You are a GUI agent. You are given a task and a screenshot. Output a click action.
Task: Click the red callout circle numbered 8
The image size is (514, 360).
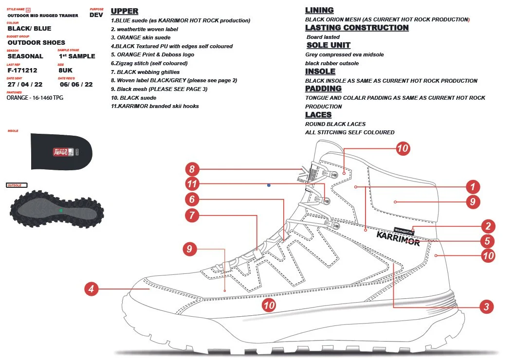click(x=192, y=169)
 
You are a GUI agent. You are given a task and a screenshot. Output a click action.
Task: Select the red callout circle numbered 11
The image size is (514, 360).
click(x=192, y=184)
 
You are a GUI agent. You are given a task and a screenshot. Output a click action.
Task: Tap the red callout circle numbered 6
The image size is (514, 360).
click(x=192, y=199)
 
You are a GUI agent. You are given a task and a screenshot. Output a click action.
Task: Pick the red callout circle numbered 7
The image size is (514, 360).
click(x=192, y=214)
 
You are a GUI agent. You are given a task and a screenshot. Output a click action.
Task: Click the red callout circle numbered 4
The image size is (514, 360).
click(x=91, y=289)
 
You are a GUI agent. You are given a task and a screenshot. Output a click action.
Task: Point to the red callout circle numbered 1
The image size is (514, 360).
click(x=471, y=186)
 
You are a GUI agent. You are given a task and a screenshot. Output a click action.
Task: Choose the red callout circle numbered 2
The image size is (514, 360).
click(x=488, y=226)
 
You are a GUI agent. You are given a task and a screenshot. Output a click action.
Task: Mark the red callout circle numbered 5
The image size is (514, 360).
click(x=488, y=241)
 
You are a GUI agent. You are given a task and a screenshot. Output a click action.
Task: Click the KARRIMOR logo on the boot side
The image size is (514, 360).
click(x=398, y=238)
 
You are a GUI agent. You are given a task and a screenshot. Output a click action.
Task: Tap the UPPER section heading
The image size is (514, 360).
click(x=125, y=11)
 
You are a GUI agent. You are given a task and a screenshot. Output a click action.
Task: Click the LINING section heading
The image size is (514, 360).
click(x=319, y=10)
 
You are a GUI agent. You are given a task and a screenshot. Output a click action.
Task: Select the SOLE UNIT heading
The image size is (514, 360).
click(x=329, y=45)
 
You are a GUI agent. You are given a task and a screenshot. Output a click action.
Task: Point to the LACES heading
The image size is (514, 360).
click(x=318, y=115)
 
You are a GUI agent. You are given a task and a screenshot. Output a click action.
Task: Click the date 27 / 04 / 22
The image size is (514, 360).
click(x=25, y=84)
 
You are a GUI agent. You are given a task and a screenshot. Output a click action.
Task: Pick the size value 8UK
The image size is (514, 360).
click(x=65, y=70)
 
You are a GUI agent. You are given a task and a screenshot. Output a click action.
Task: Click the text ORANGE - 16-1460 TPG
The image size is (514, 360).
click(x=35, y=98)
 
